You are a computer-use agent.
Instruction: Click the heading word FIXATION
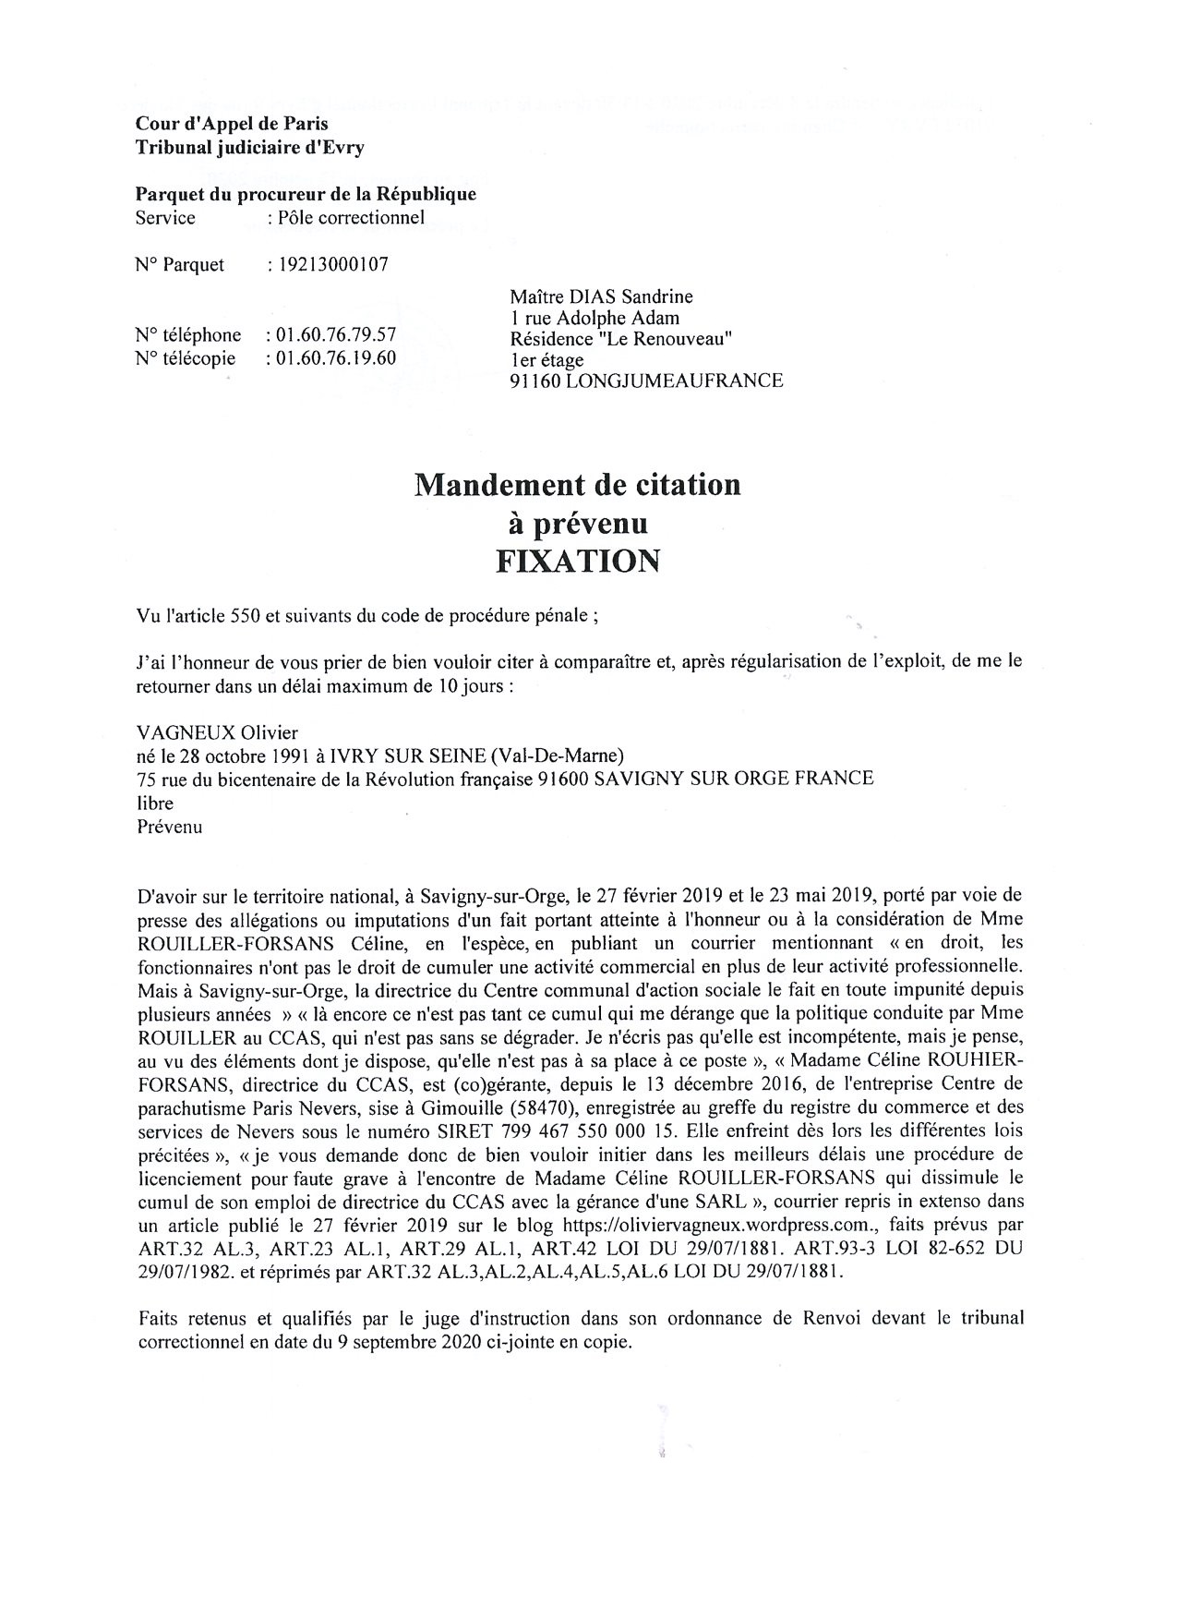click(578, 561)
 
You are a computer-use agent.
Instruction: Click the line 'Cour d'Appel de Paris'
click(232, 123)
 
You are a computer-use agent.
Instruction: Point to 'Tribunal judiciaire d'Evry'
click(250, 147)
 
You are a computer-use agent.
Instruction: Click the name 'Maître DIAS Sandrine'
click(601, 296)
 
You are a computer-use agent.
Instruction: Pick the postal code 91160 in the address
click(535, 381)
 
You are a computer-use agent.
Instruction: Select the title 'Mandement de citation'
click(578, 484)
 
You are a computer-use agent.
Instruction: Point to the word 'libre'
click(155, 804)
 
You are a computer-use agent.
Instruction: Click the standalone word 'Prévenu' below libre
click(169, 828)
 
